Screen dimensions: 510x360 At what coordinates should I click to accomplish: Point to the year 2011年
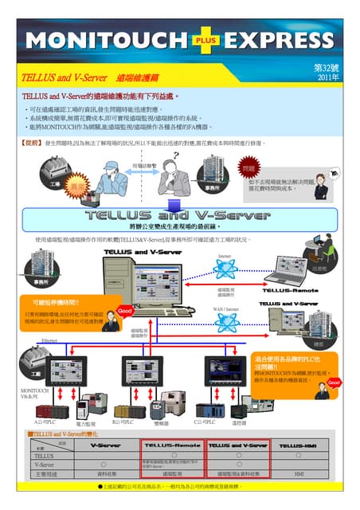click(x=327, y=79)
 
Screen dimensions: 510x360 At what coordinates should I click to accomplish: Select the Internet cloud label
click(x=225, y=257)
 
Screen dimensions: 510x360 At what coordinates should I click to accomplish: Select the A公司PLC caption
click(x=46, y=420)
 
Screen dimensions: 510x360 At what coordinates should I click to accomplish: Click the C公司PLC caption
click(x=205, y=421)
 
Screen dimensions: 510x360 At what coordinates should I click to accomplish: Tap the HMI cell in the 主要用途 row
click(x=299, y=474)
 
